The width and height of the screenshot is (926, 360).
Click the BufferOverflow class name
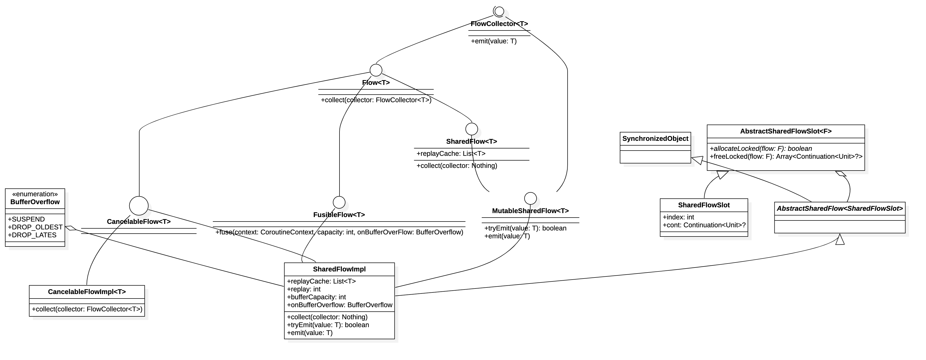point(35,202)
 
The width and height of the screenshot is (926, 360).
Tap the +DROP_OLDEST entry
point(35,227)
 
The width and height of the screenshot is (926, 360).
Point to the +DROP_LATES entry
point(32,235)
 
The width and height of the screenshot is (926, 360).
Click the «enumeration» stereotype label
point(35,194)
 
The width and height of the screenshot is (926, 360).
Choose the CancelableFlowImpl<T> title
point(87,292)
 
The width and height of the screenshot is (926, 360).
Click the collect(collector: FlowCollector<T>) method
point(87,309)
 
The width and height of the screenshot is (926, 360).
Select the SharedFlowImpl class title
point(339,269)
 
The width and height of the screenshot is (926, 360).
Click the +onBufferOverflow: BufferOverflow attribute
point(339,305)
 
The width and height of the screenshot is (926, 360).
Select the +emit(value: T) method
point(310,333)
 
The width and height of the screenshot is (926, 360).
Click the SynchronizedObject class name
point(655,139)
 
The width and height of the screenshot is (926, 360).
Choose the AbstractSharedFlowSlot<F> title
point(785,132)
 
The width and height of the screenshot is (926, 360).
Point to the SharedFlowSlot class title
point(703,205)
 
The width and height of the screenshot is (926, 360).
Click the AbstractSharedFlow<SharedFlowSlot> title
point(839,209)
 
